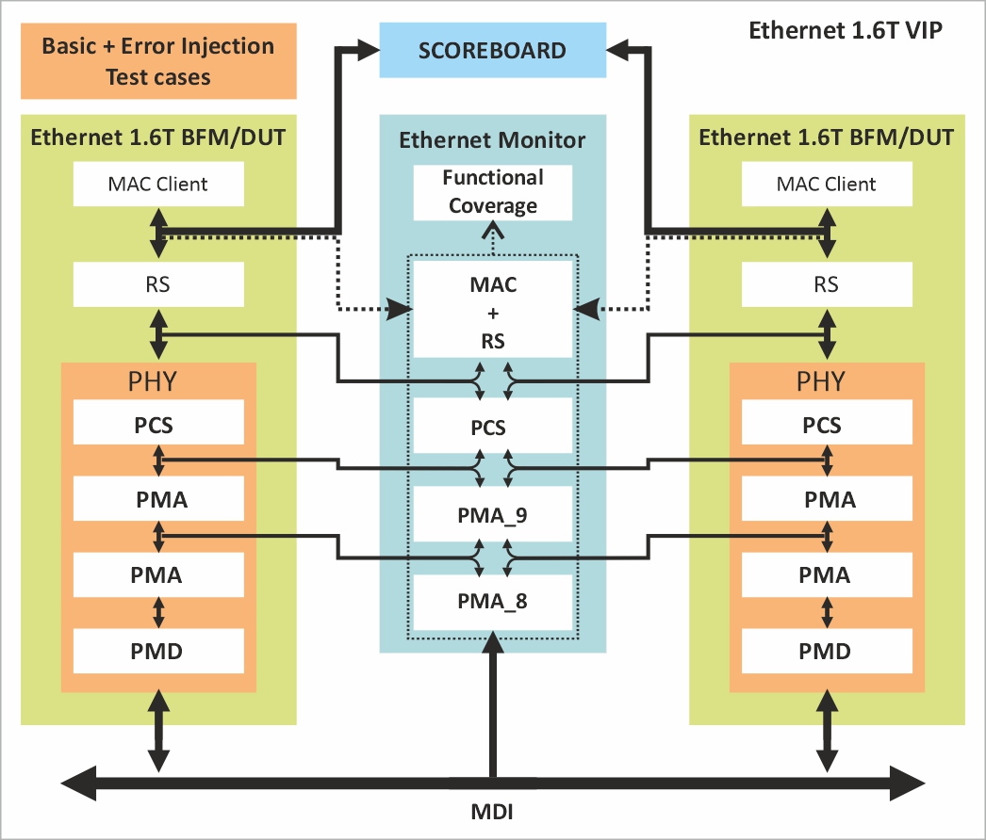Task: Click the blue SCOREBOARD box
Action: click(492, 50)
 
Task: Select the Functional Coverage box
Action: click(493, 191)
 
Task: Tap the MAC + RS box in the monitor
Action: click(493, 311)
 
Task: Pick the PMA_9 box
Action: click(493, 516)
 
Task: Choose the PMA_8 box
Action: click(493, 601)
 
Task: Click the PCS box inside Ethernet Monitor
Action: click(493, 428)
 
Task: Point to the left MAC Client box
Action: click(158, 185)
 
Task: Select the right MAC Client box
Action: click(827, 185)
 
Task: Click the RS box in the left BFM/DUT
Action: click(158, 283)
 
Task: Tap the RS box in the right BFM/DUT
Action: click(827, 283)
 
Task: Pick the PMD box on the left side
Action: click(158, 650)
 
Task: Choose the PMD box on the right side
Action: click(827, 650)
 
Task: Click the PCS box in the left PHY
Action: click(158, 425)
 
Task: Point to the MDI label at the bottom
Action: click(491, 811)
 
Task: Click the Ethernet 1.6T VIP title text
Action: click(846, 30)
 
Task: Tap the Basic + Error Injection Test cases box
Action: click(158, 61)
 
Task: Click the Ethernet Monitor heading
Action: click(492, 140)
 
